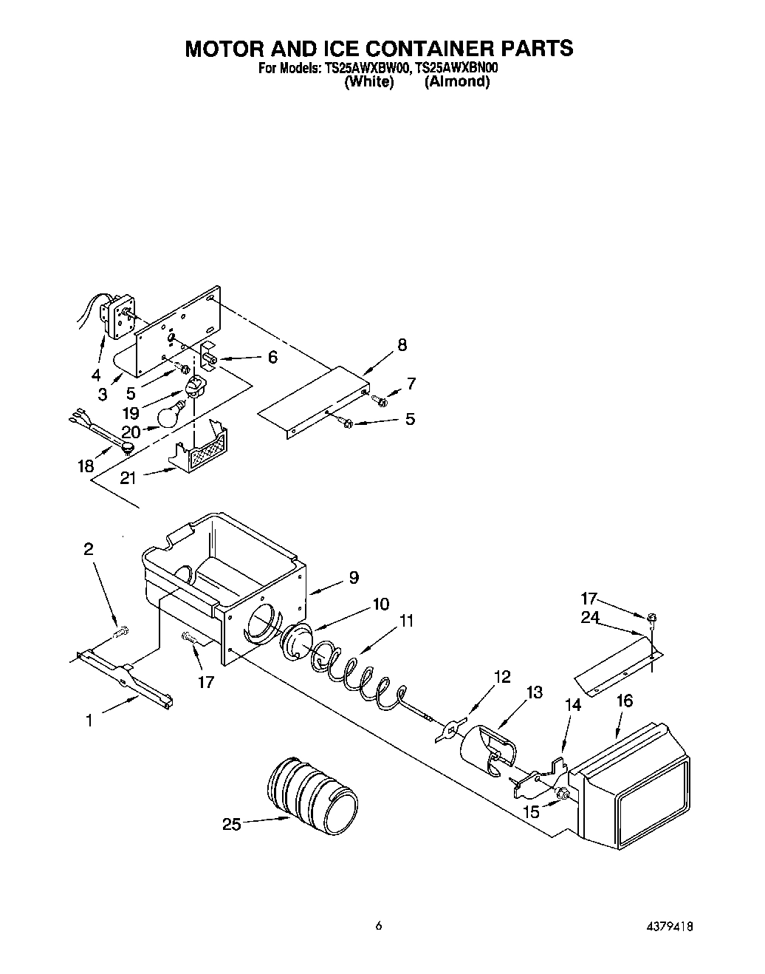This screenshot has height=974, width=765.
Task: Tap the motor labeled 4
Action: (x=116, y=316)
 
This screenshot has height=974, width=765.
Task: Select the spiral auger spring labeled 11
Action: (x=353, y=668)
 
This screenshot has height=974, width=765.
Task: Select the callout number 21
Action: (x=128, y=478)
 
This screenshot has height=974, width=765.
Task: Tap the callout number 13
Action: (x=534, y=692)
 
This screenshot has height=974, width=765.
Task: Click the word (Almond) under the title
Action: (x=457, y=82)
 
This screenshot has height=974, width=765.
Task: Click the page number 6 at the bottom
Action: (x=378, y=925)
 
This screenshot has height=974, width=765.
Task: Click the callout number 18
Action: (x=86, y=466)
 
